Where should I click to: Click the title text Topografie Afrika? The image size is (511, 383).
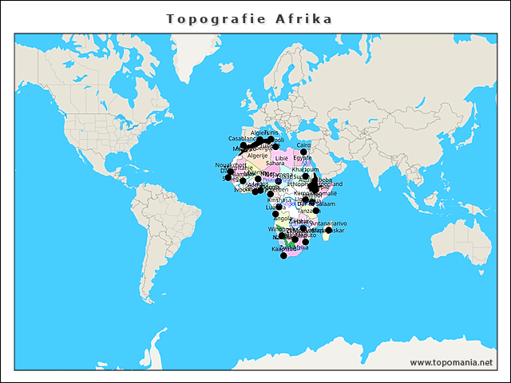click(x=249, y=18)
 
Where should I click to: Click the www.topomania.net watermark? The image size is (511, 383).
click(x=451, y=362)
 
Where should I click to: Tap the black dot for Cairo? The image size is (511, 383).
click(x=304, y=152)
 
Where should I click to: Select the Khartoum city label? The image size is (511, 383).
click(x=306, y=169)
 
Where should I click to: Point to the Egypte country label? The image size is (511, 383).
click(x=303, y=158)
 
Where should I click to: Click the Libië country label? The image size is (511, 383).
click(x=281, y=158)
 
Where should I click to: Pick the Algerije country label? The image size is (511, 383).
click(x=257, y=156)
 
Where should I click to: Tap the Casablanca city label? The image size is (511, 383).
click(x=242, y=138)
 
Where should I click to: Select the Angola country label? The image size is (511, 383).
click(x=283, y=218)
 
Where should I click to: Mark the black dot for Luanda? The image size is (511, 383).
click(x=275, y=214)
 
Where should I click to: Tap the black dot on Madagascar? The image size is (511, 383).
click(x=329, y=230)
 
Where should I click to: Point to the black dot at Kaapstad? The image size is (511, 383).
click(x=283, y=255)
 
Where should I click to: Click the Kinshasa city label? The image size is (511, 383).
click(x=280, y=199)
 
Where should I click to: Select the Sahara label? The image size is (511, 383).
click(x=275, y=164)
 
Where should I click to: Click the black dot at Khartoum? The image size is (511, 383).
click(x=305, y=176)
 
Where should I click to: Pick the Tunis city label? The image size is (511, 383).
click(x=272, y=132)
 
